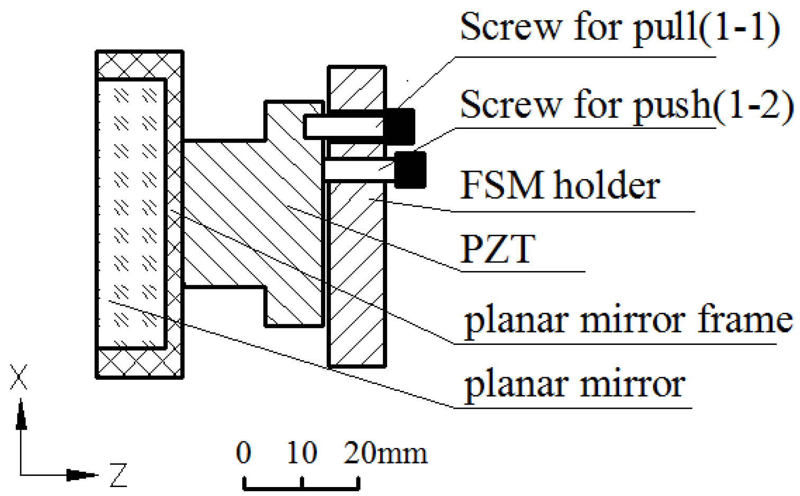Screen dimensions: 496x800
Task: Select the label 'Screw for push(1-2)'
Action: [627, 105]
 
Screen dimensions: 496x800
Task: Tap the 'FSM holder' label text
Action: [560, 185]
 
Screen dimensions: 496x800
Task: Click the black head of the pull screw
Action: [400, 126]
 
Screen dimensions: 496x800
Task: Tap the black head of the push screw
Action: [410, 170]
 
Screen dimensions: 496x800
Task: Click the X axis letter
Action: [19, 377]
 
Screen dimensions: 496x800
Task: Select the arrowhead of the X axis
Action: [21, 415]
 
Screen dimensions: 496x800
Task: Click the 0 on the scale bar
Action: [243, 453]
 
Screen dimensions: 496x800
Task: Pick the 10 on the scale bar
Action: [301, 453]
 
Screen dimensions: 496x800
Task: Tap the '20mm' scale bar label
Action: [385, 453]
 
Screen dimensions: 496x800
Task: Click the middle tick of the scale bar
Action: [301, 482]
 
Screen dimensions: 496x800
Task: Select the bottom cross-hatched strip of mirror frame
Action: [140, 364]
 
